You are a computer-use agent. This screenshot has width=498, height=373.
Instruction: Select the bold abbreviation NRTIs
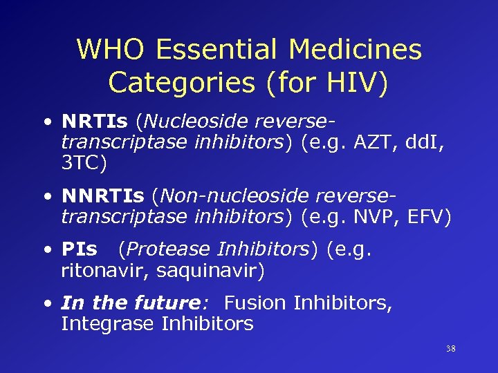pyautogui.click(x=95, y=122)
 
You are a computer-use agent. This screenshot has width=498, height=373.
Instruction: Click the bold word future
pyautogui.click(x=167, y=303)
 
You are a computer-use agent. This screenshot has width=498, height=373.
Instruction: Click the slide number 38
pyautogui.click(x=450, y=349)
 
